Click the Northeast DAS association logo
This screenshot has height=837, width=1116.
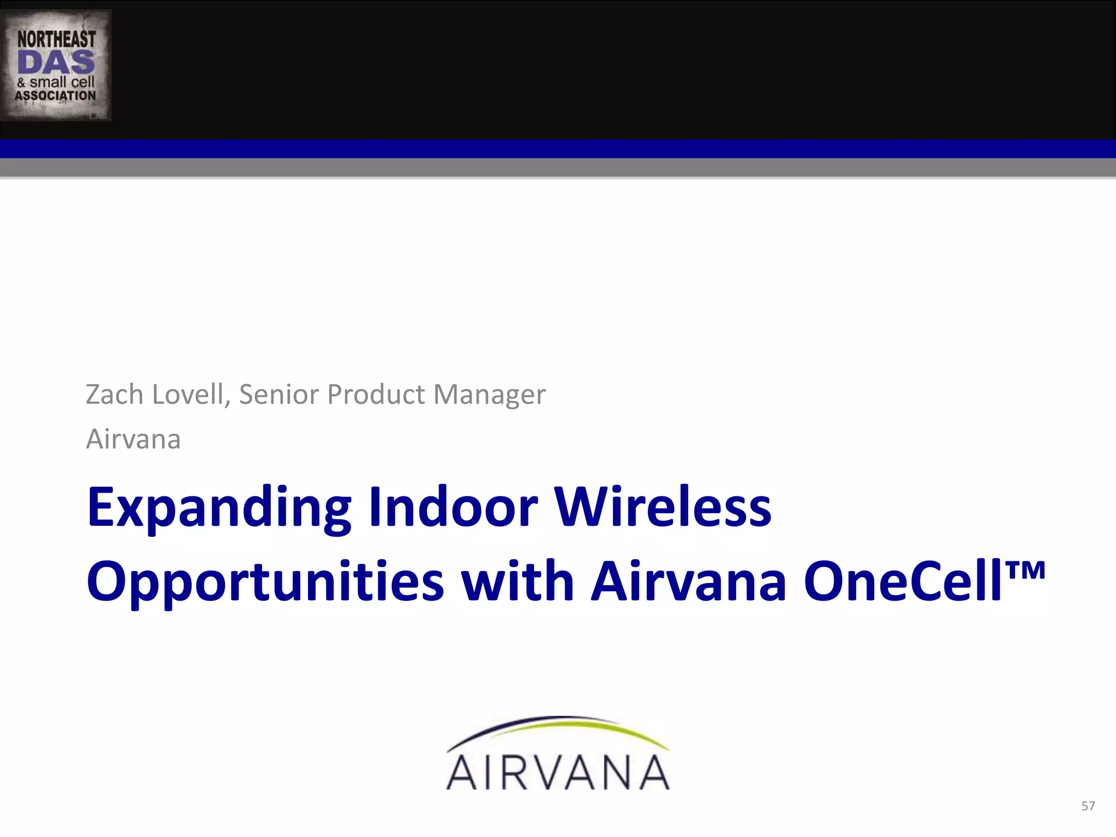pyautogui.click(x=56, y=65)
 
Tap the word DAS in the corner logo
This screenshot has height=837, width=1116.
pyautogui.click(x=56, y=63)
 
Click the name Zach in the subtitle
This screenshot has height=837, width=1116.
pyautogui.click(x=114, y=394)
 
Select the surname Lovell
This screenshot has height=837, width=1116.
pyautogui.click(x=191, y=394)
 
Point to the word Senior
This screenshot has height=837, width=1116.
pyautogui.click(x=278, y=394)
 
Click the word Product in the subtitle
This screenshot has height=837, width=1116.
pyautogui.click(x=375, y=394)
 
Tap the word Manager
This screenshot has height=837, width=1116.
pyautogui.click(x=489, y=395)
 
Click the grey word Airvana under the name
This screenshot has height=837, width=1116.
pyautogui.click(x=133, y=439)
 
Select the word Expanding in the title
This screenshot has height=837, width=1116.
pyautogui.click(x=219, y=508)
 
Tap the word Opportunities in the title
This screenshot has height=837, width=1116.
pyautogui.click(x=265, y=582)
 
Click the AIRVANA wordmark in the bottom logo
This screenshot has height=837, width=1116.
pyautogui.click(x=558, y=772)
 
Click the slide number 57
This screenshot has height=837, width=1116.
pyautogui.click(x=1088, y=806)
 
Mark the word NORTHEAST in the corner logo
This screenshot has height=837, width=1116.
pyautogui.click(x=56, y=39)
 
